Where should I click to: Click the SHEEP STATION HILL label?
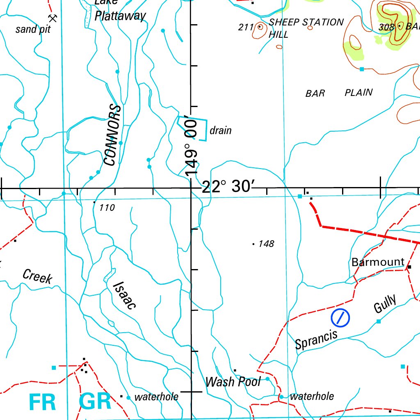click(305, 28)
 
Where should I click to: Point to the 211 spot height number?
click(246, 27)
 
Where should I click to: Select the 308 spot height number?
click(387, 27)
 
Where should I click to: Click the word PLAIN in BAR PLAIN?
click(358, 92)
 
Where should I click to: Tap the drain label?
click(220, 131)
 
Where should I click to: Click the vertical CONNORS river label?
click(114, 135)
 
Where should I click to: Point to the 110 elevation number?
click(107, 208)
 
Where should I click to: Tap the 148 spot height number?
click(266, 244)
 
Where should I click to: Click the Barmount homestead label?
click(378, 262)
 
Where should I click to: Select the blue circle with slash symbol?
click(340, 317)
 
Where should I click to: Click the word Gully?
click(386, 304)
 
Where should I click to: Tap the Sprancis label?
click(316, 339)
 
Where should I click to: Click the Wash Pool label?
click(233, 382)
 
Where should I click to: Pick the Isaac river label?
click(124, 295)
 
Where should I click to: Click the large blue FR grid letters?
click(43, 402)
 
